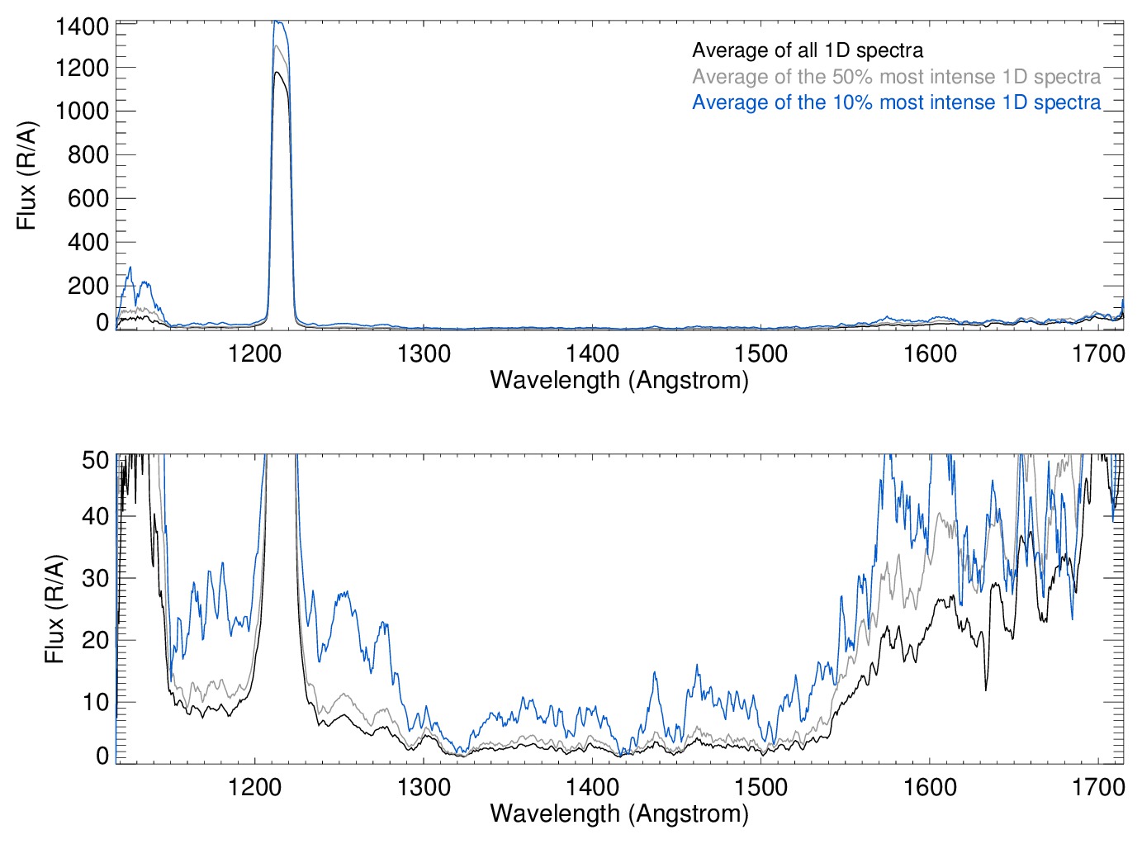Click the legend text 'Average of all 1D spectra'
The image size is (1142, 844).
pos(807,51)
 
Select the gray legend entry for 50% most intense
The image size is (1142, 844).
pos(896,77)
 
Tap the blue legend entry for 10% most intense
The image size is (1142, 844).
pos(896,102)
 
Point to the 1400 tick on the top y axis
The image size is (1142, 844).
pos(83,27)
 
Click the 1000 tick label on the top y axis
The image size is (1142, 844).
pos(83,111)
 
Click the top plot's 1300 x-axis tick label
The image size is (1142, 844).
pos(424,354)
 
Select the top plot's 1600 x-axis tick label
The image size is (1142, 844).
pos(930,354)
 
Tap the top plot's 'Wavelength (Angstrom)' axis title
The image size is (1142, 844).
pos(619,380)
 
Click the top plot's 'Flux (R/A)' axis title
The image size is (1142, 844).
pos(27,176)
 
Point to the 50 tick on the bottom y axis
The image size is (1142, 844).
pos(96,460)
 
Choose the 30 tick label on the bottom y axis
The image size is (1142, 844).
pos(96,578)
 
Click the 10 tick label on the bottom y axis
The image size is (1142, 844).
pos(96,702)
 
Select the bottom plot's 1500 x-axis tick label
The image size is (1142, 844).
pos(761,787)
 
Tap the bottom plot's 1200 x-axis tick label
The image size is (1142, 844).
pos(254,787)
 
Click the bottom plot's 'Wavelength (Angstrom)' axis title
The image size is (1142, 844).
pos(619,813)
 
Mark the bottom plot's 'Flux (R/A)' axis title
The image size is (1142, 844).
pos(54,609)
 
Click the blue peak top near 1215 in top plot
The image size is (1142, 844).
pos(278,22)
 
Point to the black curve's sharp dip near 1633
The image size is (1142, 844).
pos(986,689)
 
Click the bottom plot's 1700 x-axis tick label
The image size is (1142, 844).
pos(1098,787)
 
